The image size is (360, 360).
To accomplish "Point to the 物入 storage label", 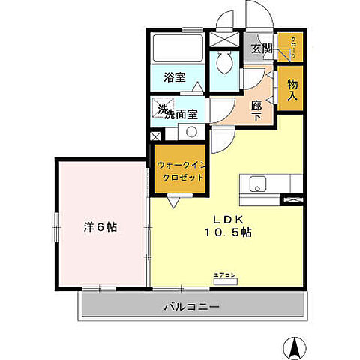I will (x=292, y=90).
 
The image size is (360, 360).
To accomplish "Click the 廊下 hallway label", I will (x=257, y=111).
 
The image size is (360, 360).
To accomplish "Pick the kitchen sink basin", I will (x=256, y=184).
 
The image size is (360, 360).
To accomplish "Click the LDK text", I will (x=228, y=220).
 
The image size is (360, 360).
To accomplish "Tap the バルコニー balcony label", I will (x=192, y=307).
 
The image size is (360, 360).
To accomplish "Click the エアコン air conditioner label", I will (x=225, y=275).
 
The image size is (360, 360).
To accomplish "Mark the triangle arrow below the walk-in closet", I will (x=175, y=202).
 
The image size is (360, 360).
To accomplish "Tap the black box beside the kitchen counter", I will (x=293, y=199).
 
